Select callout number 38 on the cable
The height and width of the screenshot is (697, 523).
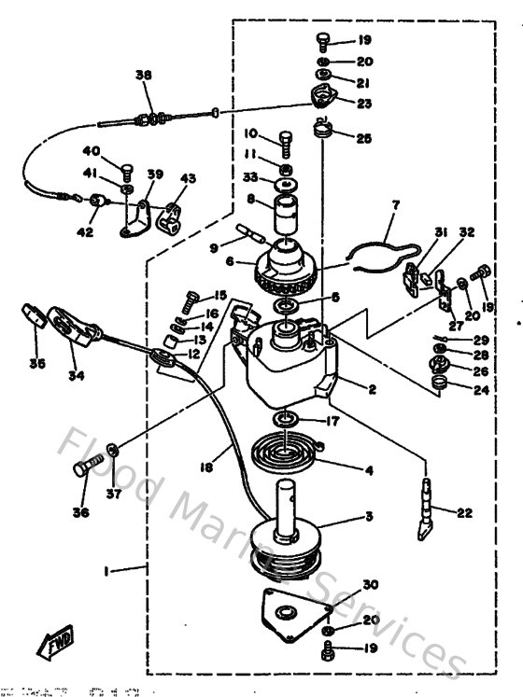142,77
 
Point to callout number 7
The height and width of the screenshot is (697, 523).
394,203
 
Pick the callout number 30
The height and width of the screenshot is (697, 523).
370,584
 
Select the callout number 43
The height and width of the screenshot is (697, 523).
189,179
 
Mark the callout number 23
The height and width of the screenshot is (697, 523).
363,104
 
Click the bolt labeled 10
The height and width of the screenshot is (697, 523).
286,142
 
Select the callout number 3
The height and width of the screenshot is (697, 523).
369,516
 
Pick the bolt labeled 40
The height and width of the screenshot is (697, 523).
123,169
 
